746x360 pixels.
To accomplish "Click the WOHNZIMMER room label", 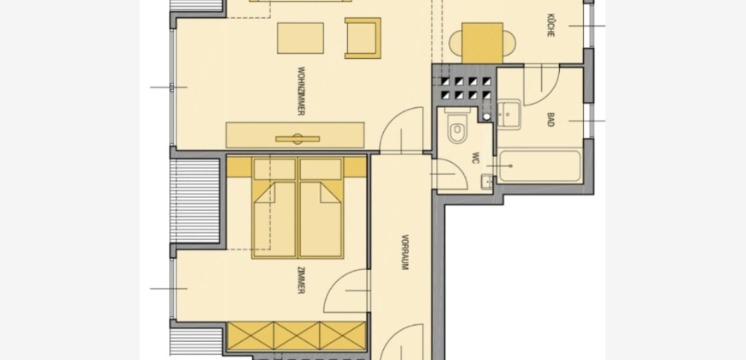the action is (x=301, y=91).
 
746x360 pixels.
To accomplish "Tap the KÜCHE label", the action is (x=550, y=25).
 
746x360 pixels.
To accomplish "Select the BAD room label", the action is (x=550, y=119).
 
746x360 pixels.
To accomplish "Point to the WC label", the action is (x=475, y=158).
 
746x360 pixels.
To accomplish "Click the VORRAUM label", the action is (x=405, y=252).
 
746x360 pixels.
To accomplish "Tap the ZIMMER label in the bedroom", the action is (x=301, y=280).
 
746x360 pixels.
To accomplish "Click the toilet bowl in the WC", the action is (x=457, y=129).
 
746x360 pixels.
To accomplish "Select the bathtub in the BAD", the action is (x=539, y=166).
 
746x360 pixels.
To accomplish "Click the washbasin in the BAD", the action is (x=508, y=114).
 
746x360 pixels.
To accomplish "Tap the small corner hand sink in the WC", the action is (x=486, y=182).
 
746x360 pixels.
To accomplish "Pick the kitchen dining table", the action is (x=482, y=43).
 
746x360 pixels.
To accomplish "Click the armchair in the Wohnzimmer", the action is (x=363, y=38).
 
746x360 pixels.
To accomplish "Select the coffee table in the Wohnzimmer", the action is (x=300, y=38).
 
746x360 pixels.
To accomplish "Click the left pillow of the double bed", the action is (x=274, y=170).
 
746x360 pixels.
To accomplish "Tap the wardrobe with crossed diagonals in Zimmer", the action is (x=297, y=336).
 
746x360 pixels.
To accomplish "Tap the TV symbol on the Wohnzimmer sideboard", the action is (x=298, y=139).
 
